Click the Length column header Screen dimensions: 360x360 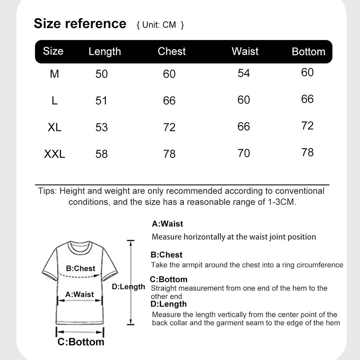pyautogui.click(x=105, y=51)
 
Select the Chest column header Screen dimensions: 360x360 pyautogui.click(x=172, y=51)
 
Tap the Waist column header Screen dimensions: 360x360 pyautogui.click(x=245, y=51)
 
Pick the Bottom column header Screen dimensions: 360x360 pyautogui.click(x=309, y=51)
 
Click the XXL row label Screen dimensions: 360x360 pyautogui.click(x=55, y=154)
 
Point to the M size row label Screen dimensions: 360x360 pyautogui.click(x=54, y=74)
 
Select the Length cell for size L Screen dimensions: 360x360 pyautogui.click(x=102, y=100)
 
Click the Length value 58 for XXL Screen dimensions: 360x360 pyautogui.click(x=102, y=154)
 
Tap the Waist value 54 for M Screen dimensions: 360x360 pyautogui.click(x=244, y=73)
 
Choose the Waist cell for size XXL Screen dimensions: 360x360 pyautogui.click(x=244, y=153)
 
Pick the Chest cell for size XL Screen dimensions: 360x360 pyautogui.click(x=169, y=127)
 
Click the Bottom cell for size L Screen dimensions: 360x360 pyautogui.click(x=307, y=99)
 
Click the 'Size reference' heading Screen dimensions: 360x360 pyautogui.click(x=80, y=23)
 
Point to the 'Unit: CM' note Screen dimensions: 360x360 pyautogui.click(x=161, y=25)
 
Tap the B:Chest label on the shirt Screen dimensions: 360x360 pyautogui.click(x=81, y=269)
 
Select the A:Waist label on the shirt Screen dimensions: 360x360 pyautogui.click(x=80, y=294)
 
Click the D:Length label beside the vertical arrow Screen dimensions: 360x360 pyautogui.click(x=128, y=287)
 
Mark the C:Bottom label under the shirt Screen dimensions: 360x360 pyautogui.click(x=81, y=341)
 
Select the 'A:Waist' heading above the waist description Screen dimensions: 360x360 pyautogui.click(x=167, y=224)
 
